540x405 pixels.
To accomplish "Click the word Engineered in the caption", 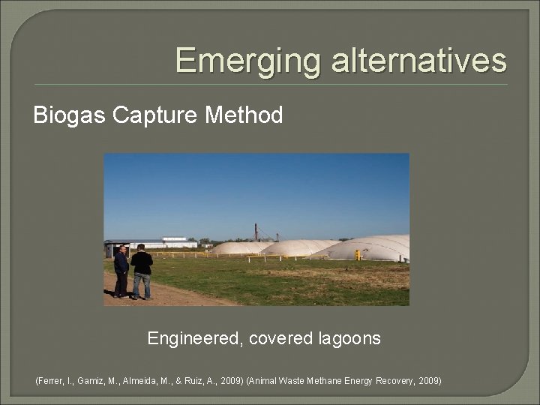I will [193, 339].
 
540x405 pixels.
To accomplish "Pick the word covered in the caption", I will [278, 339].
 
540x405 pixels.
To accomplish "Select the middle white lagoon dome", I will [298, 248].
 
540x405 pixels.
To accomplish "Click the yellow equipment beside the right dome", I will [358, 255].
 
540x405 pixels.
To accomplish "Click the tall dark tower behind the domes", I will [256, 232].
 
